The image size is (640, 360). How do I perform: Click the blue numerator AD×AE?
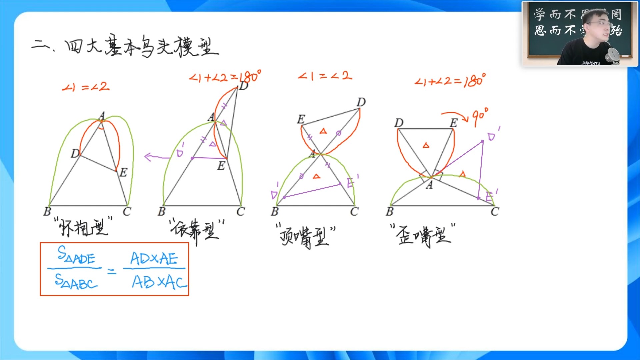point(154,258)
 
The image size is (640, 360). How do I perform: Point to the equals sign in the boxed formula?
point(112,272)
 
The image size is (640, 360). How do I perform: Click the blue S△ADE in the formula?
point(76,255)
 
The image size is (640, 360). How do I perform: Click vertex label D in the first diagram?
point(75,153)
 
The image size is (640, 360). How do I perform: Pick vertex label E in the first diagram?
point(123,172)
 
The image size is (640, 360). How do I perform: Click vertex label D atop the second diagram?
point(244,86)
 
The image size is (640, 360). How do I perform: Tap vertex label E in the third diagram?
point(301,119)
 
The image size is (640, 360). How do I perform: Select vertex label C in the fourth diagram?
point(495,211)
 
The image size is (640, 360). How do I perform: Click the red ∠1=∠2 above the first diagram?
point(86,87)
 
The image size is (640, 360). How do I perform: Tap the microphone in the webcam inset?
point(613,55)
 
